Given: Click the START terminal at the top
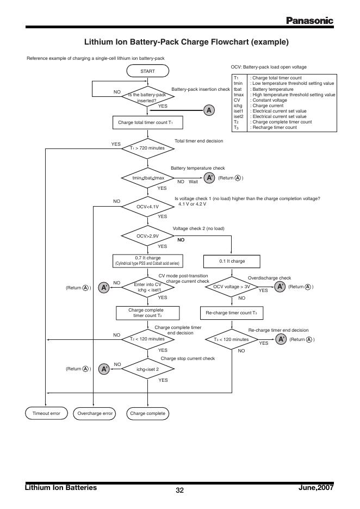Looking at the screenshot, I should click(147, 71).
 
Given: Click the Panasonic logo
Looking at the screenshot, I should click(309, 21).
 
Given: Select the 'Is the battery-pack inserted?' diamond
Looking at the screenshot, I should click(147, 97).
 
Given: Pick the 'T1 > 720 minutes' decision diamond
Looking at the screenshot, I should click(147, 148).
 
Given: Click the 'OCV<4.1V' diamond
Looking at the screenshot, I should click(147, 207).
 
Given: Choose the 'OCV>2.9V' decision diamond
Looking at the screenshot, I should click(147, 236).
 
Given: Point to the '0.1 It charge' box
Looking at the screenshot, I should click(232, 261).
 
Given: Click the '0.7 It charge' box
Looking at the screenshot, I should click(147, 260).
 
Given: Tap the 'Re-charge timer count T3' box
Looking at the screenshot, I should click(232, 313).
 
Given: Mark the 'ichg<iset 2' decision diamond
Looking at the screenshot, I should click(147, 369).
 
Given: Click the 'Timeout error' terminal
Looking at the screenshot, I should click(46, 413).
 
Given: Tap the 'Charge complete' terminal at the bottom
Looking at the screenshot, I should click(147, 413).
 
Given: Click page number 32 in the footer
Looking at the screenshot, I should click(179, 491).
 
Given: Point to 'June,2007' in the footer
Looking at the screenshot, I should click(316, 488).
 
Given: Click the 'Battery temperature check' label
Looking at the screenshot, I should click(197, 169).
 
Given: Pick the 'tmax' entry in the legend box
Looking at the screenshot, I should click(237, 95).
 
